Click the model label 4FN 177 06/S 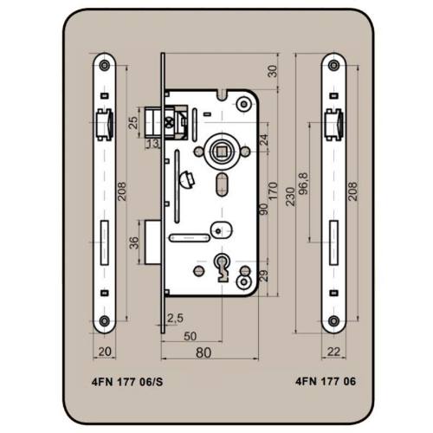tap(127, 382)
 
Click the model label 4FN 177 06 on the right tap(326, 381)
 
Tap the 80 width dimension tap(204, 352)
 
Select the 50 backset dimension tap(191, 336)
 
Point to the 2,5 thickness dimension tap(175, 318)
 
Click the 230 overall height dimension tap(290, 197)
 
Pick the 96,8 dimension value tap(303, 184)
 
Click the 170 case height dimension tap(273, 191)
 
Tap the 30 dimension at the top tap(273, 71)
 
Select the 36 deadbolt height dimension tap(134, 242)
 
